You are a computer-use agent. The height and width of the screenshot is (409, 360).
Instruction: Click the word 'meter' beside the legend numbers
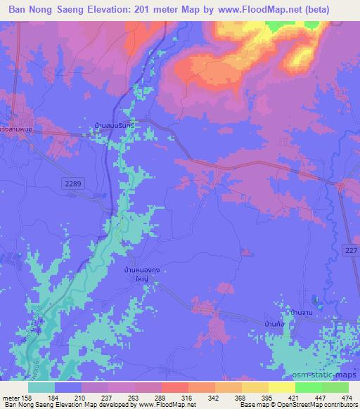coord(11,396)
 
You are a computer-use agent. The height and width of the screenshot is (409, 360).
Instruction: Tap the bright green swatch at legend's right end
coord(335,387)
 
